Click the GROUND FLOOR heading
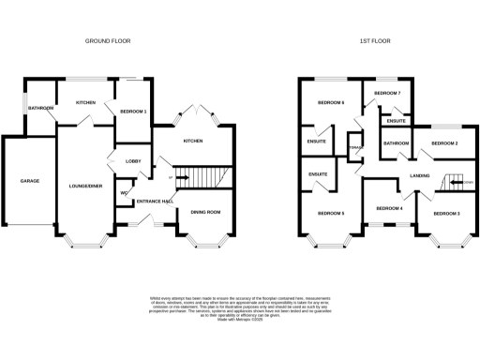tap(107, 41)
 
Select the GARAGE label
tap(30, 180)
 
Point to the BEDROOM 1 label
tap(133, 112)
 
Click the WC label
tap(124, 194)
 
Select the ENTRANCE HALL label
tap(155, 202)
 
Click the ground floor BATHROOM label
tap(40, 109)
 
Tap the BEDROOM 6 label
tap(330, 102)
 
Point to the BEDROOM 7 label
tap(387, 95)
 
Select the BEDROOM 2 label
tap(444, 143)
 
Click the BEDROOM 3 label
tap(446, 214)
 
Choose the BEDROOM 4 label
tap(389, 207)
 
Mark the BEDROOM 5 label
tap(330, 214)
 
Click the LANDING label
tap(420, 175)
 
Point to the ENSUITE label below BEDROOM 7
tap(396, 121)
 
